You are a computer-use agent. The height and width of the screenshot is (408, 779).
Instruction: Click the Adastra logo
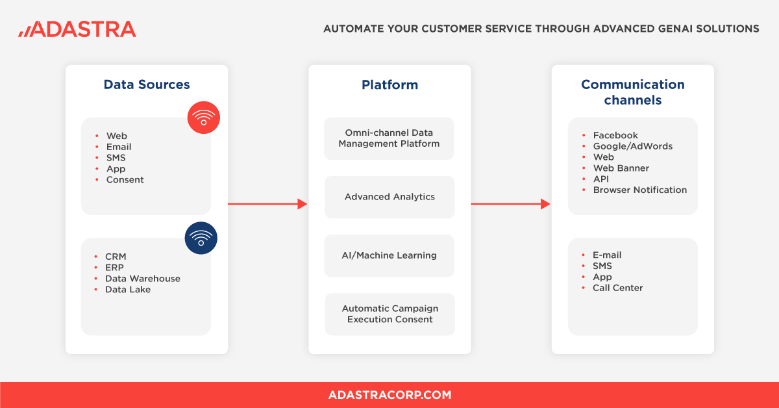pos(77,29)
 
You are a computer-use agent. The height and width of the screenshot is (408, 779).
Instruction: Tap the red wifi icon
pos(204,118)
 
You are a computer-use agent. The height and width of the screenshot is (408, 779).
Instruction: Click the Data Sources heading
pos(147,84)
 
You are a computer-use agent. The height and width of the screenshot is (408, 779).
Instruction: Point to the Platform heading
pos(389,84)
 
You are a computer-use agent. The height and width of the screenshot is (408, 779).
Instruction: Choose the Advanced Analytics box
pos(389,197)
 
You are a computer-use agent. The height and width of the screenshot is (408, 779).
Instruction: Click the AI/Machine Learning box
pos(389,255)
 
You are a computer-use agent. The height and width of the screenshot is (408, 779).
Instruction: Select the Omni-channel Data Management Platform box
pos(389,138)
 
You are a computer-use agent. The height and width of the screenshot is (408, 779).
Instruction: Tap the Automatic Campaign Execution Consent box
pos(389,314)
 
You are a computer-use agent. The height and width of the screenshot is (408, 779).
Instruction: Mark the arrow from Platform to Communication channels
pos(510,204)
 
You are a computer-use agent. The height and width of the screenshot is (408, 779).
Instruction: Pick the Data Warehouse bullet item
pos(143,279)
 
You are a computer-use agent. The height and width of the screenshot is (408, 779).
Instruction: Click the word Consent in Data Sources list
pos(125,180)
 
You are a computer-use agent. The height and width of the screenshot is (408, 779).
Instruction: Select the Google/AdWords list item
pos(633,146)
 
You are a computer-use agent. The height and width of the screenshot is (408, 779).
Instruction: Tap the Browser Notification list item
pos(639,190)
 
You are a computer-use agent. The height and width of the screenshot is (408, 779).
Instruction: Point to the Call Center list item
pos(617,288)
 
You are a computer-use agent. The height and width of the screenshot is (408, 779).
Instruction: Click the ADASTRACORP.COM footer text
pos(389,395)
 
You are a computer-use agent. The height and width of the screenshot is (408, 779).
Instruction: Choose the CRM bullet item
pos(116,257)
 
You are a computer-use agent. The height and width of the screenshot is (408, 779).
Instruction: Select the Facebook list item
pos(615,135)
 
